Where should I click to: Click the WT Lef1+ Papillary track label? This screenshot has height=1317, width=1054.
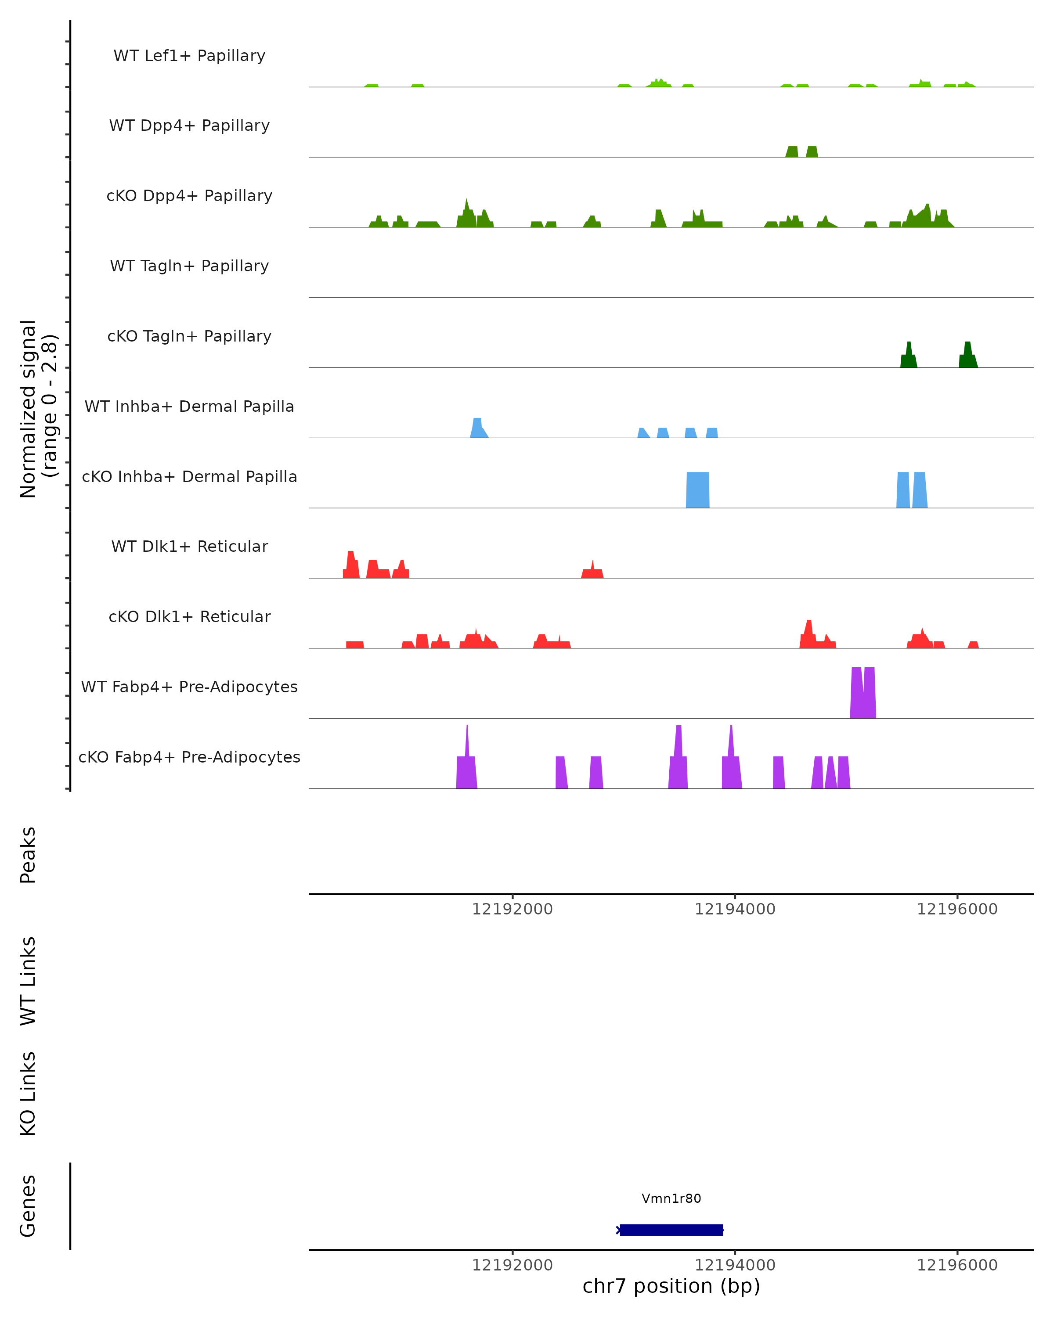189,56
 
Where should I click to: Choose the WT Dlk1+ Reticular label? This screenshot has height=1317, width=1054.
189,546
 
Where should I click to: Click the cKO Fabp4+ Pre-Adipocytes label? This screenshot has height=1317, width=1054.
189,757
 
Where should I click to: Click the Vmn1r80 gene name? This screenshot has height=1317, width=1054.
671,1198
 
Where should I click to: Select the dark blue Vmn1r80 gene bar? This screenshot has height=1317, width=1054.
671,1230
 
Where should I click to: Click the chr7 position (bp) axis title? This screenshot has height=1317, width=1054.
671,1286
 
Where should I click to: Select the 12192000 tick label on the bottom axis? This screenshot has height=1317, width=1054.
512,1265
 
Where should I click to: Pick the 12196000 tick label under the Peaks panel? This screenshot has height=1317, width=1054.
957,909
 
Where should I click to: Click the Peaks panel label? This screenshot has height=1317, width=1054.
28,855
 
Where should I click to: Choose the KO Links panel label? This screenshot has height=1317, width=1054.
28,1094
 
